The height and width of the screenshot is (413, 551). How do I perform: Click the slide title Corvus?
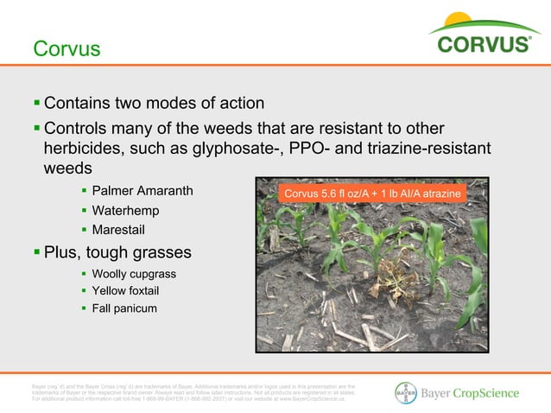click(66, 49)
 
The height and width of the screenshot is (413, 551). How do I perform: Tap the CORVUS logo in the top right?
click(484, 43)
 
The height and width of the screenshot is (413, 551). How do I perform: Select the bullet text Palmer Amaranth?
click(142, 190)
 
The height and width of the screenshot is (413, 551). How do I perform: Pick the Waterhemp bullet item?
click(125, 210)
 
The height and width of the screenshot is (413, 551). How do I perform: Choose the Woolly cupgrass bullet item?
click(134, 273)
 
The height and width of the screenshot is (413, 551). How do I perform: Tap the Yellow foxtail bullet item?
click(130, 290)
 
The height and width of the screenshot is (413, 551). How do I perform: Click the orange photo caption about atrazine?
click(370, 194)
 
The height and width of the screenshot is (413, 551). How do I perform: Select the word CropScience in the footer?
click(489, 393)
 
